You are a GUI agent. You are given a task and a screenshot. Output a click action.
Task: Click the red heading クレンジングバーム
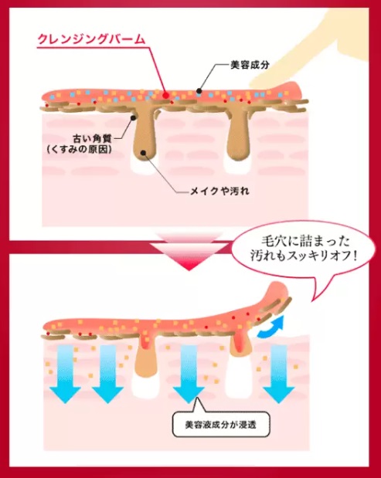point(91,39)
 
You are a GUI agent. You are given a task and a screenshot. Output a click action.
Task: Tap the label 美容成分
point(250,65)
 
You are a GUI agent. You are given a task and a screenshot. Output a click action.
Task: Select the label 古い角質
point(92,139)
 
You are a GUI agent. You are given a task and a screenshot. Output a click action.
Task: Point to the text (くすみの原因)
point(79,150)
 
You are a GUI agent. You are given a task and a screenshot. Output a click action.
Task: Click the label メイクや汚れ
point(219,192)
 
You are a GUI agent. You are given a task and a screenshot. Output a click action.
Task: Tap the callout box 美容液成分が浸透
point(221,425)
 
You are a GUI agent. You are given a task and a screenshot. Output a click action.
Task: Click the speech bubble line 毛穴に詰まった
point(305,242)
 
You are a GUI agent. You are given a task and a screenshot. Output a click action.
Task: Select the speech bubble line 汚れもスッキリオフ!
point(304,256)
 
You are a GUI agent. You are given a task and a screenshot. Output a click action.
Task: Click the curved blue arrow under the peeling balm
point(270,328)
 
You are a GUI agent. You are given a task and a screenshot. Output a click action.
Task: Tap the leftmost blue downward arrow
point(65,375)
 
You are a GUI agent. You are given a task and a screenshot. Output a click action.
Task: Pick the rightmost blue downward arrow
point(278,375)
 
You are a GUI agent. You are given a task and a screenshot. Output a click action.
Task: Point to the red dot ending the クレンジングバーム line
point(165,96)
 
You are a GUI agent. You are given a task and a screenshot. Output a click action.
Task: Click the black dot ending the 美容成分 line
point(199,90)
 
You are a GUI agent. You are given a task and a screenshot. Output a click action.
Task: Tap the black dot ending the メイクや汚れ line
point(143,152)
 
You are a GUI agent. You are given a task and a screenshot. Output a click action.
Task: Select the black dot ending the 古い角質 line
point(133,117)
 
